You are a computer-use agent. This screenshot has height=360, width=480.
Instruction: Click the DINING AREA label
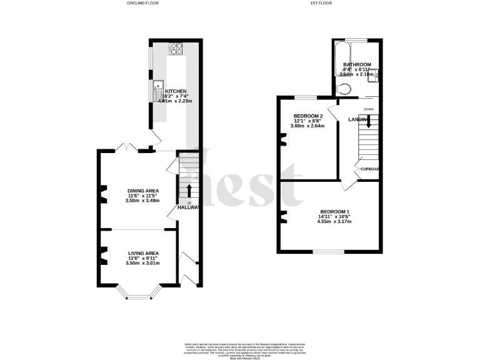(x=142, y=190)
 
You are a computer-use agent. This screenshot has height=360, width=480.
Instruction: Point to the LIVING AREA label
(x=142, y=252)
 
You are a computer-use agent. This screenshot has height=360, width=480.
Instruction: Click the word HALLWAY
(x=188, y=207)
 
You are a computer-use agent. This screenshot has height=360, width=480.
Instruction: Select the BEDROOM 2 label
(x=308, y=116)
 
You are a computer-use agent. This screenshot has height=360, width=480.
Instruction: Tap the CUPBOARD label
(x=369, y=169)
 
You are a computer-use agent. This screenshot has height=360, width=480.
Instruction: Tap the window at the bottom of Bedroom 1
(x=329, y=252)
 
